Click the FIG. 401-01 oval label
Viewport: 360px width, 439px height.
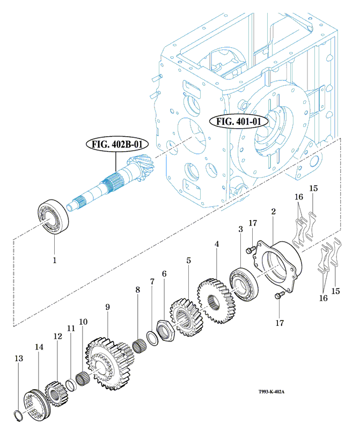pyautogui.click(x=239, y=121)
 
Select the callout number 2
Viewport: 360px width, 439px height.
pyautogui.click(x=273, y=212)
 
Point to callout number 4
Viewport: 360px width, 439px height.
pyautogui.click(x=217, y=244)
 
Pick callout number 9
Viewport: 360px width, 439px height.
pyautogui.click(x=107, y=307)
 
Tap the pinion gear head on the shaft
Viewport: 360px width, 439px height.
pyautogui.click(x=138, y=166)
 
